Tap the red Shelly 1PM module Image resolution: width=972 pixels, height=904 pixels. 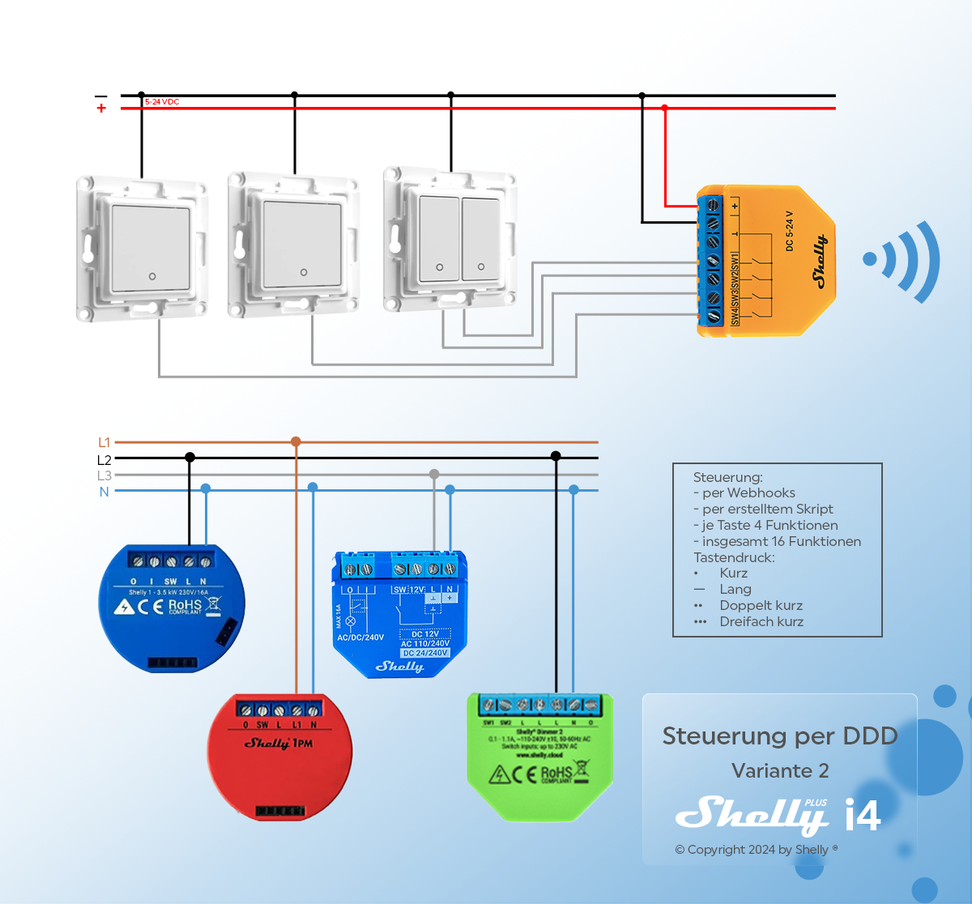(x=279, y=757)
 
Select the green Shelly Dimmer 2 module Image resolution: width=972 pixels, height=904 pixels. (x=539, y=757)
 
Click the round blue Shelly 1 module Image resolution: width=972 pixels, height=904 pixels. (x=171, y=608)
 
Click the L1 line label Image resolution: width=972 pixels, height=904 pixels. (x=104, y=442)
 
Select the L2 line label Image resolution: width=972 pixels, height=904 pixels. (x=104, y=459)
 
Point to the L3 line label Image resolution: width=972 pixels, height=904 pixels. (x=104, y=475)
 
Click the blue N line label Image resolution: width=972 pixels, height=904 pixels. (x=104, y=492)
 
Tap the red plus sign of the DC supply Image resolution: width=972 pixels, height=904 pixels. (x=101, y=109)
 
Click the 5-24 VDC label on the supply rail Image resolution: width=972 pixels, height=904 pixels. (x=162, y=102)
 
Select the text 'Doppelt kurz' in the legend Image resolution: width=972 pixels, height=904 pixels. (x=761, y=606)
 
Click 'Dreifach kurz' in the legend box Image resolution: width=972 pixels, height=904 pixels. (x=761, y=622)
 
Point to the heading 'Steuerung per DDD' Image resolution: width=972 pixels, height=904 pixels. (x=779, y=736)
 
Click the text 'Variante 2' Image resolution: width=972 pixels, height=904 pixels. (x=780, y=770)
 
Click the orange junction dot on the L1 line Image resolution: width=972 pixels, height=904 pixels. (x=296, y=441)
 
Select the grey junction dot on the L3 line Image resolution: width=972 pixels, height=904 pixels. (x=434, y=474)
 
